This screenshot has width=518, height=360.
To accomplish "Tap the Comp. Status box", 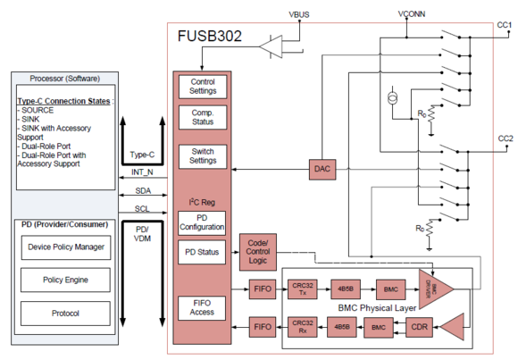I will coord(203,119).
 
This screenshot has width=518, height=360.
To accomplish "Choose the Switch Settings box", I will coord(203,157).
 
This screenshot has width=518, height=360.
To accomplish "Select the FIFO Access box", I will coord(203,307).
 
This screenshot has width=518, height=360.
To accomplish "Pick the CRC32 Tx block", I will coord(305,289).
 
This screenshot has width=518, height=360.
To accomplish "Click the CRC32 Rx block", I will coord(305,326).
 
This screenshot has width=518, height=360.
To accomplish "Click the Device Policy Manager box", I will coord(66,247).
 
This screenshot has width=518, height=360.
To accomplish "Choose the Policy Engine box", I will coord(66,280).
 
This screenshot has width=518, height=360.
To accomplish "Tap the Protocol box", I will coord(66,314).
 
